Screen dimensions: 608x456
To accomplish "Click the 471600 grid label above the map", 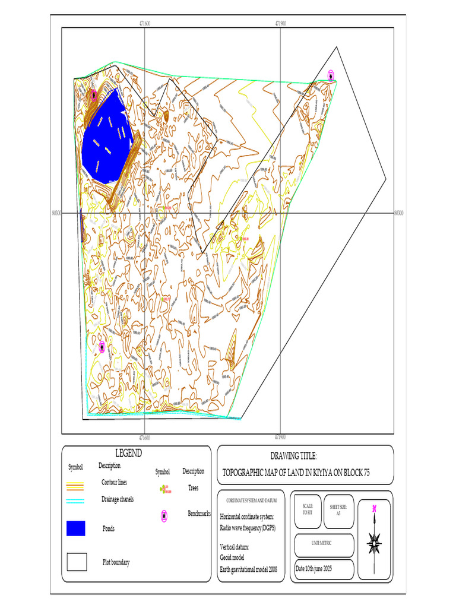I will click(144, 24).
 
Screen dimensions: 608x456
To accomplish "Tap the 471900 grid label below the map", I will click(280, 438).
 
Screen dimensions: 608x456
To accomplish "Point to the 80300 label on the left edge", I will click(57, 212).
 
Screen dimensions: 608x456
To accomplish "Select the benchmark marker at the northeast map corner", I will click(331, 75).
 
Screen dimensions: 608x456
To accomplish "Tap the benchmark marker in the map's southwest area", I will click(102, 347).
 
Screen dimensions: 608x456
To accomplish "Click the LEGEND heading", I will click(128, 454).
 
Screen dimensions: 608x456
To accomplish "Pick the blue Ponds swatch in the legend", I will click(76, 528).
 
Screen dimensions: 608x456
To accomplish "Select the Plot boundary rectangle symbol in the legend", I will click(77, 562).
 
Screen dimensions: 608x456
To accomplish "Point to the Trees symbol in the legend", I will click(164, 489).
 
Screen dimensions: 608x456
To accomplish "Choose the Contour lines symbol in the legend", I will click(76, 484).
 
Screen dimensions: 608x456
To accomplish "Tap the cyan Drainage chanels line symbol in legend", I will click(76, 501).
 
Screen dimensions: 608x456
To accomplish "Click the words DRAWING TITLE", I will click(293, 456).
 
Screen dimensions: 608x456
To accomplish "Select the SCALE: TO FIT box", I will click(308, 511).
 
